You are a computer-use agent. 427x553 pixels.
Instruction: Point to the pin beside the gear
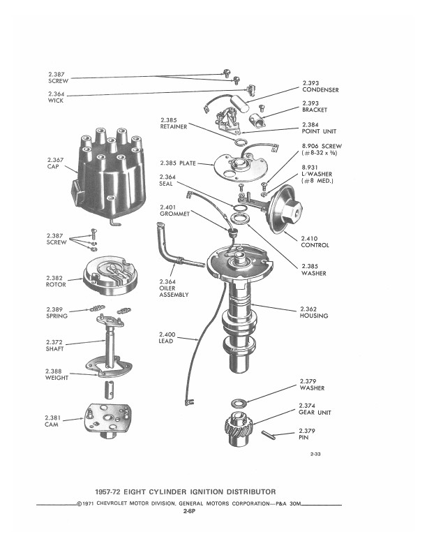pos(269,435)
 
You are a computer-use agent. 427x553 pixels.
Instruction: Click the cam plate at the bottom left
pos(107,420)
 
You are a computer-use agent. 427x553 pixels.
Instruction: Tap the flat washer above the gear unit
pos(239,403)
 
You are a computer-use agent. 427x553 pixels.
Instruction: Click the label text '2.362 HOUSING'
pos(313,313)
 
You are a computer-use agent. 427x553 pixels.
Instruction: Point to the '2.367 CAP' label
pos(55,163)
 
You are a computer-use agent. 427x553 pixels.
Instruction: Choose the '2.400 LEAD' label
pos(167,337)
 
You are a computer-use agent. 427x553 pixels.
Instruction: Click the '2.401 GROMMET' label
pos(174,210)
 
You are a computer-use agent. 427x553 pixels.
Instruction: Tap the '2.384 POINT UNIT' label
pos(319,128)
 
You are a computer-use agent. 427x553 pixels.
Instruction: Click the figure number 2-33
pos(315,454)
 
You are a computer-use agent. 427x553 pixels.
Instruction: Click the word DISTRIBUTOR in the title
pos(251,492)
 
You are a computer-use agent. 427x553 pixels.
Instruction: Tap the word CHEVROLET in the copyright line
pos(112,503)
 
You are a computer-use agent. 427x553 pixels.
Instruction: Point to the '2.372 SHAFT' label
pos(54,345)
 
